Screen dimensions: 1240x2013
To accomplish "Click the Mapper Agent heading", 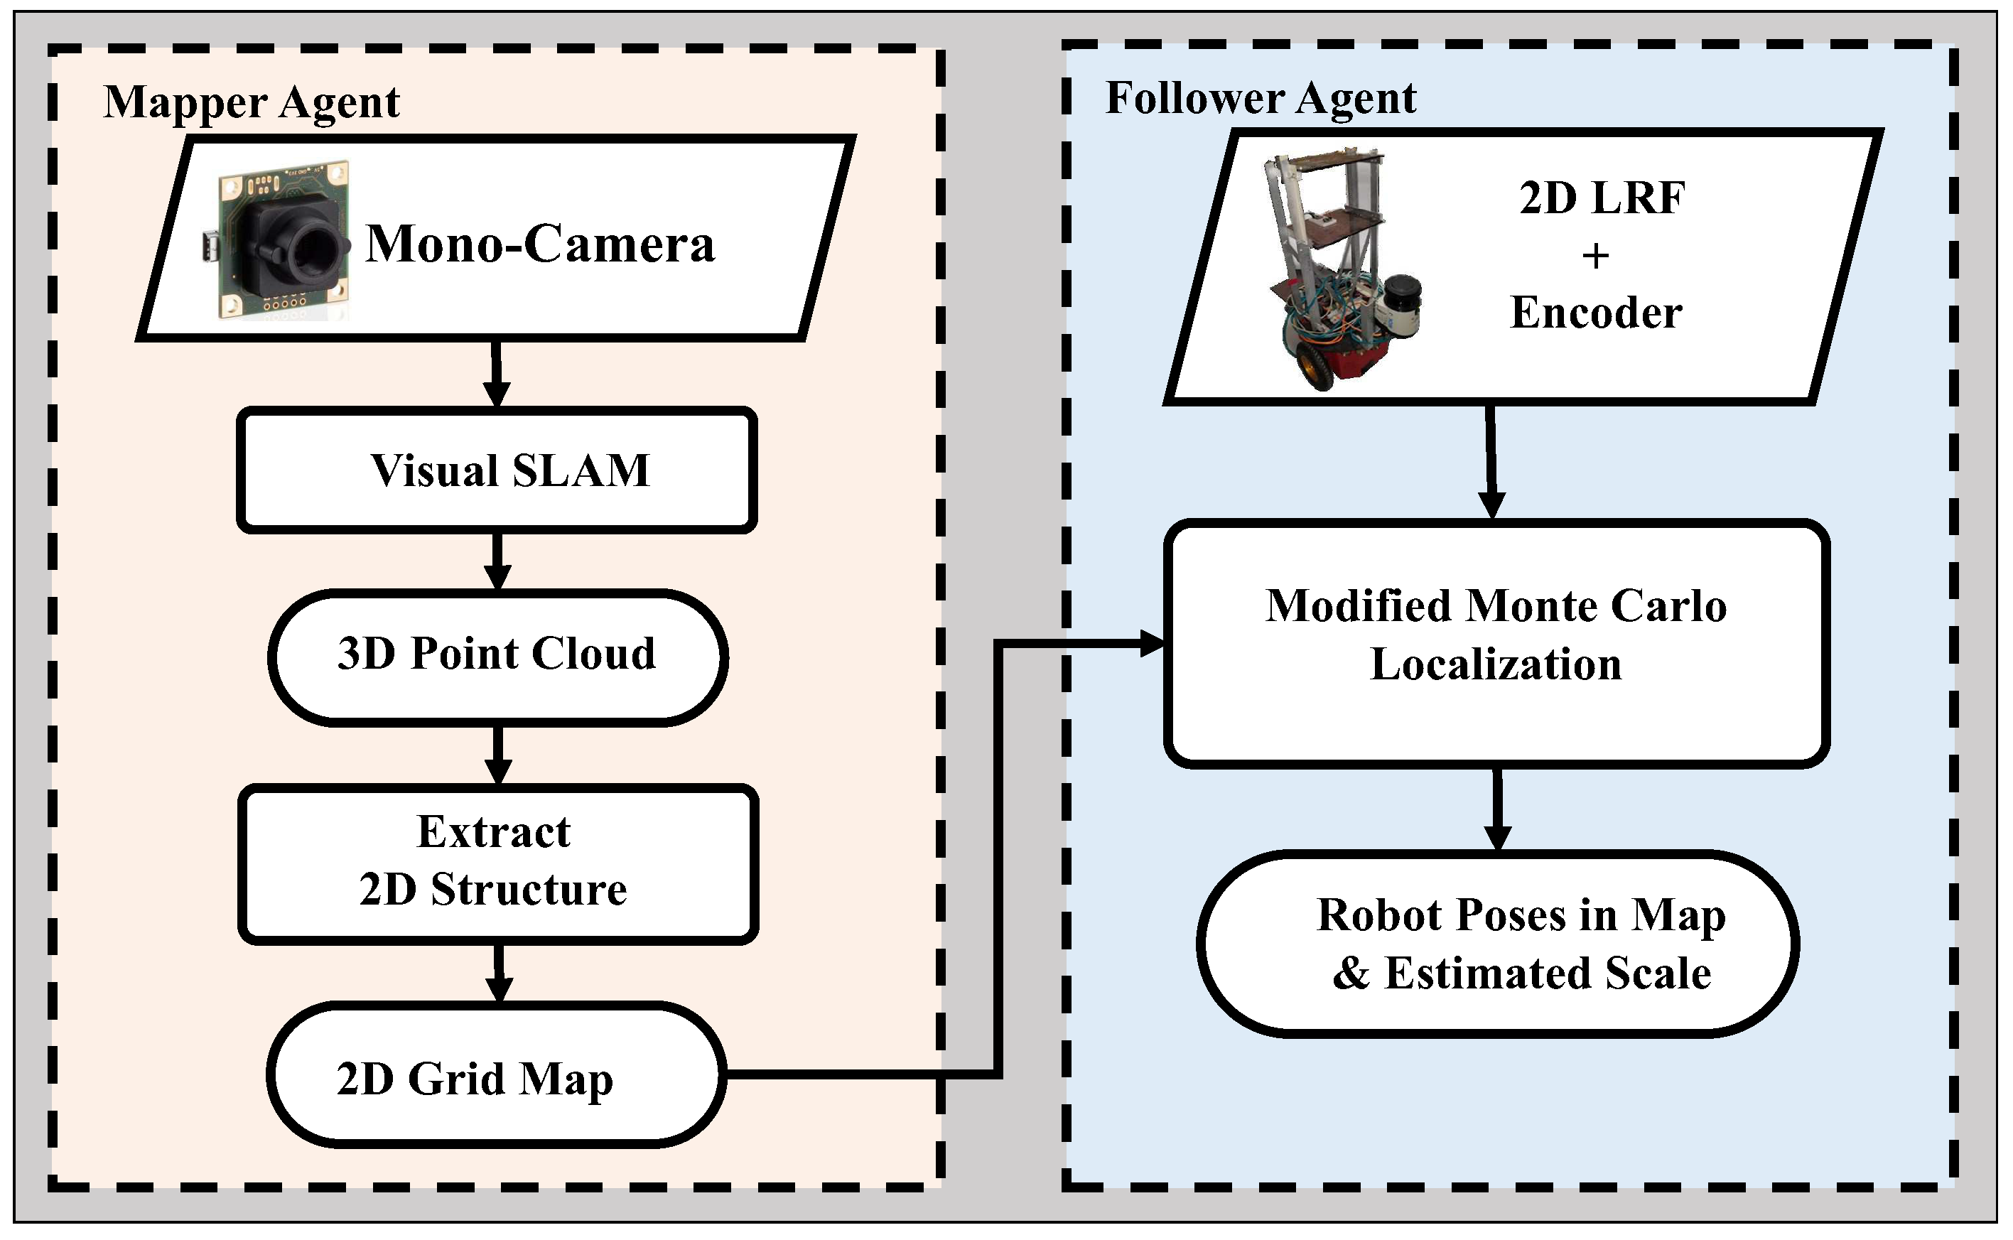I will (251, 102).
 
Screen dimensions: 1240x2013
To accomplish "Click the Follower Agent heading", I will (1261, 98).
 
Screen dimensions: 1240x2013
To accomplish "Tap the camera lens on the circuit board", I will (315, 246).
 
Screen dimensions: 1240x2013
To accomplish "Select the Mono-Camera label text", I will (539, 244).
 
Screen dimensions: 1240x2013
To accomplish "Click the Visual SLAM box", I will (497, 470).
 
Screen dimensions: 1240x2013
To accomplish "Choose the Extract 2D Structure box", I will (497, 861).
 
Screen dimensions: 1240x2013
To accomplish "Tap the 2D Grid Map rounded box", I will (495, 1076).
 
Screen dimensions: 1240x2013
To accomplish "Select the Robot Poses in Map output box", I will (1497, 943).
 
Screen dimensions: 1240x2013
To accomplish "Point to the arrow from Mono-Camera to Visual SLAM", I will (497, 373).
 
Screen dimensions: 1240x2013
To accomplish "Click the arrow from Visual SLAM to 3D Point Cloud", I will (497, 562).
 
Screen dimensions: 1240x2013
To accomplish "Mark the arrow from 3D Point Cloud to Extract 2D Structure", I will (497, 755).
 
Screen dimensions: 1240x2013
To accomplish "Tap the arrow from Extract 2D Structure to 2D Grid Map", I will (497, 974).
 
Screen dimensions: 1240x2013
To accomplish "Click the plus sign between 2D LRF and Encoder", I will (1594, 257).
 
